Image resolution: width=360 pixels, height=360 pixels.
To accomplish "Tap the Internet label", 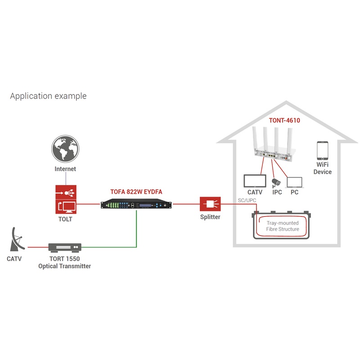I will click(65, 169).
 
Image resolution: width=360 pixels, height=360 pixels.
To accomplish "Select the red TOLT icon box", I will click(65, 199).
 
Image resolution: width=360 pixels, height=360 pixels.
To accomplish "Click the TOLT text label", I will click(65, 220).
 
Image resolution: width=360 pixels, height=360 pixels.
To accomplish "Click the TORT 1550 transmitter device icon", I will click(65, 247).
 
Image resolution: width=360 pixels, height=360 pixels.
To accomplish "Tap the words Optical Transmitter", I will click(65, 266).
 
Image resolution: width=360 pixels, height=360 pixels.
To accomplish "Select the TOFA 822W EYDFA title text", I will click(136, 191).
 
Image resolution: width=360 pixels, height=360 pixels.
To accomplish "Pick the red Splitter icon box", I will click(210, 204).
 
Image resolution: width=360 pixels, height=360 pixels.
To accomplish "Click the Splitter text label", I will click(210, 217).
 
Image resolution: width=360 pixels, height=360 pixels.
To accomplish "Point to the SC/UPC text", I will click(247, 200).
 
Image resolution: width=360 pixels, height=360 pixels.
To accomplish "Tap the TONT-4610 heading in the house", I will click(284, 121).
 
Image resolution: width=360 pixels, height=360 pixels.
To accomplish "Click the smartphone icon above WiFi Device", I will click(322, 151).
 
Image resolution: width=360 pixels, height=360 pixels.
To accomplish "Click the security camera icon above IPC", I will click(276, 182).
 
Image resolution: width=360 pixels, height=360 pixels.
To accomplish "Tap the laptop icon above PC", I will click(295, 182).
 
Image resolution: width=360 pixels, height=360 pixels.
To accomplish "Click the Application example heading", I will click(48, 96).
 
